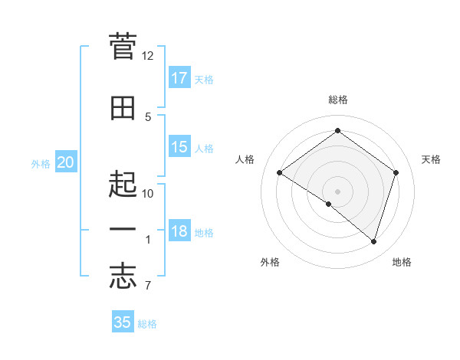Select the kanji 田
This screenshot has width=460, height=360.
(123, 108)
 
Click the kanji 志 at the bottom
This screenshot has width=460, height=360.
(123, 277)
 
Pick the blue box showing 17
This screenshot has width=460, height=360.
(179, 78)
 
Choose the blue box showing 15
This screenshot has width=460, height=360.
(179, 147)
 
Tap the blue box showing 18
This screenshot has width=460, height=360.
(179, 232)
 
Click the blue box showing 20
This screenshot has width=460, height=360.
(66, 162)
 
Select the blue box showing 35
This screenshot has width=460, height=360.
(123, 322)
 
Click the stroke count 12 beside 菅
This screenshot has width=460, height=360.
(147, 56)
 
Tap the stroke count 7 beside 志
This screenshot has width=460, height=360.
(147, 286)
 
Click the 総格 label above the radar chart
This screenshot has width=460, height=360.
(337, 100)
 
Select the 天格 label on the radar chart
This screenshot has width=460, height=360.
(431, 159)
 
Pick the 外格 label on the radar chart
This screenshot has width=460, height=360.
(270, 262)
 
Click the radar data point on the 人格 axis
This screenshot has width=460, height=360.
(280, 173)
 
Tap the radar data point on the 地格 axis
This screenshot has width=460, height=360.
(373, 241)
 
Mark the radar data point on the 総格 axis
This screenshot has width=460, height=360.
(337, 131)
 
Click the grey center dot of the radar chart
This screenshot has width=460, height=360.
(337, 191)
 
